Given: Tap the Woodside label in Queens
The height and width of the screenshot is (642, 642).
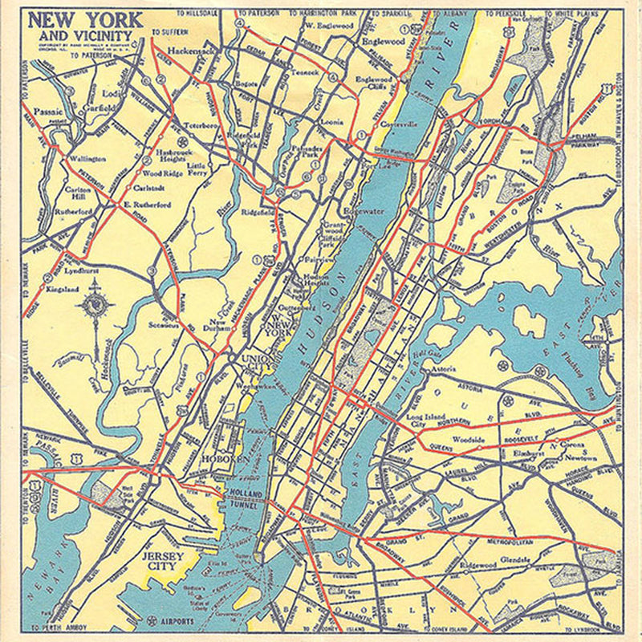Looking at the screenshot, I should [x=468, y=440].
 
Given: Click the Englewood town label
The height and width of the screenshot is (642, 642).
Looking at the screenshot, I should [x=384, y=41].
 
